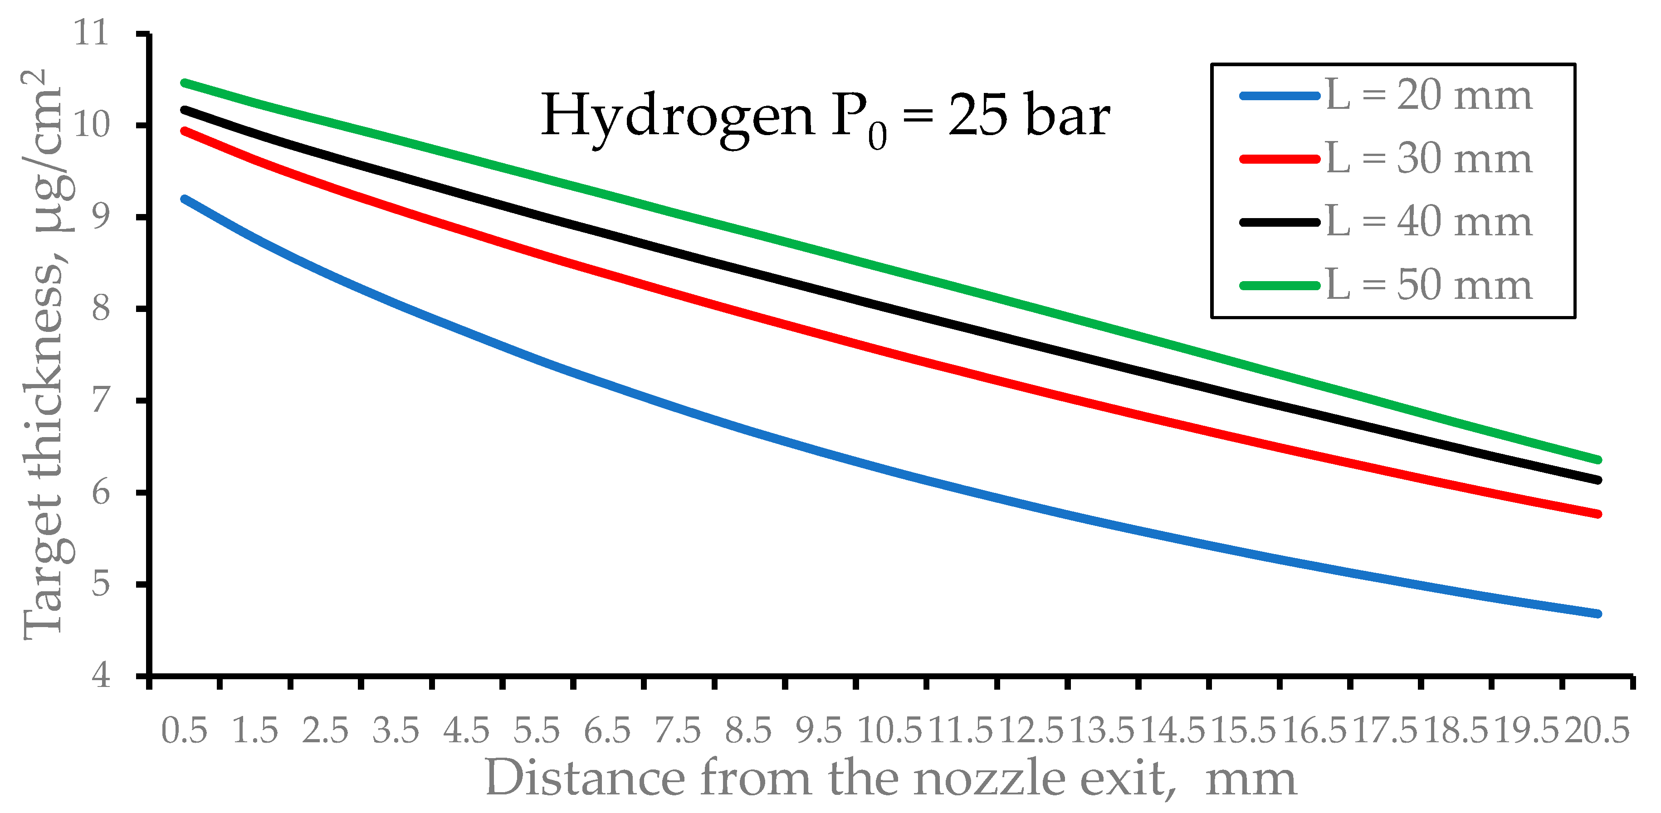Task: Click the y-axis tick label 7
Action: (x=101, y=400)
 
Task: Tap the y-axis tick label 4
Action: (x=101, y=676)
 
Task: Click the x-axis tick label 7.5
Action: (x=678, y=730)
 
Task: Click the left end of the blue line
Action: (x=185, y=199)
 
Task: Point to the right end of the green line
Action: (x=1598, y=460)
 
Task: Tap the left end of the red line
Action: (x=185, y=131)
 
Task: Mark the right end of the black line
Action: (x=1598, y=480)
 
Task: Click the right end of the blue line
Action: (x=1598, y=614)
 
